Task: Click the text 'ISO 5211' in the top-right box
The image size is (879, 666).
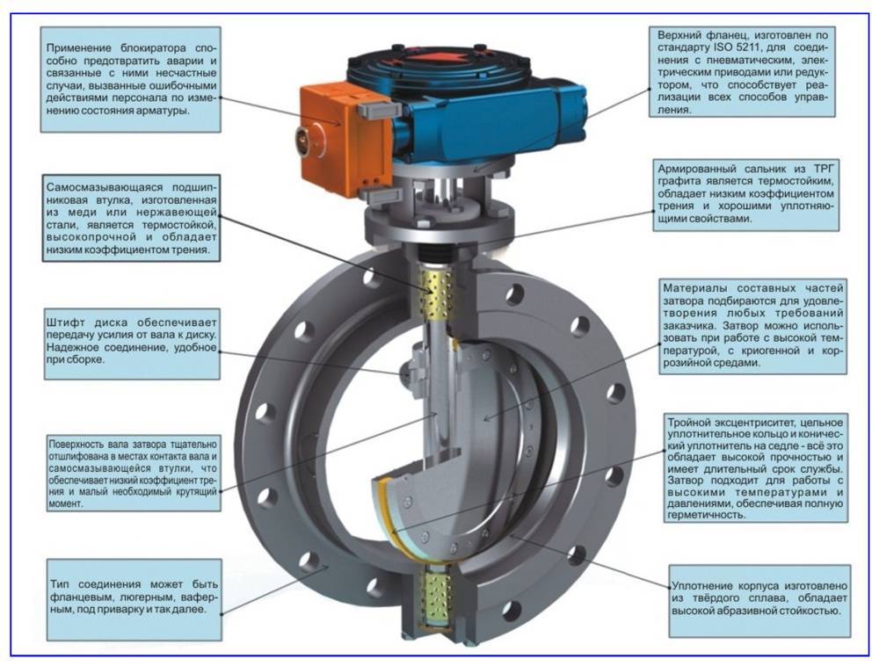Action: (733, 47)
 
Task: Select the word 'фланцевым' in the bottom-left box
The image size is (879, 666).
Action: (83, 597)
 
